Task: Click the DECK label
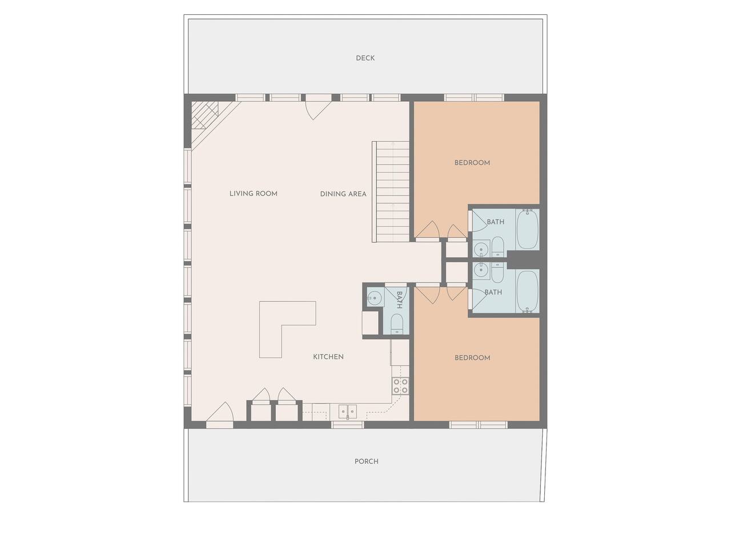[x=365, y=58]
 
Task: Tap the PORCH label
[x=366, y=462]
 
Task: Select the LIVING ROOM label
[x=254, y=193]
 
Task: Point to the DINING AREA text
[x=343, y=194]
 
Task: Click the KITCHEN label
[x=328, y=357]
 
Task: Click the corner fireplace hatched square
[x=204, y=115]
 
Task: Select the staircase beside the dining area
[x=391, y=192]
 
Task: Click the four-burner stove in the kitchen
[x=400, y=386]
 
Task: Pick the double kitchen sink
[x=348, y=411]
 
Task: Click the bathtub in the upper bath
[x=527, y=229]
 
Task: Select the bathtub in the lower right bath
[x=527, y=291]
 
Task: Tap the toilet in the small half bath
[x=396, y=324]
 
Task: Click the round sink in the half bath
[x=375, y=297]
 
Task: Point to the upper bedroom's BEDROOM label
[x=472, y=162]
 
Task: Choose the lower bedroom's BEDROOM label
[x=472, y=357]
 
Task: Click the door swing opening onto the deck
[x=316, y=108]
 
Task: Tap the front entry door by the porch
[x=220, y=413]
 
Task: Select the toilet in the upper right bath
[x=498, y=246]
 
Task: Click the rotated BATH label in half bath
[x=399, y=300]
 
